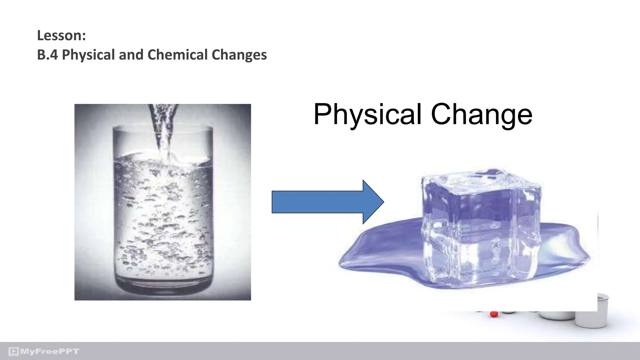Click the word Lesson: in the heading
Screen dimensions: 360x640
click(61, 35)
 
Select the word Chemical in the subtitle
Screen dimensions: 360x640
click(177, 55)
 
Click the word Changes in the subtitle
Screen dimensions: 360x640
click(239, 55)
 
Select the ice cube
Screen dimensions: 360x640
click(481, 228)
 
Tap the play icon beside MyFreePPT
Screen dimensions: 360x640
click(13, 352)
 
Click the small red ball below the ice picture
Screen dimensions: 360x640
click(494, 314)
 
